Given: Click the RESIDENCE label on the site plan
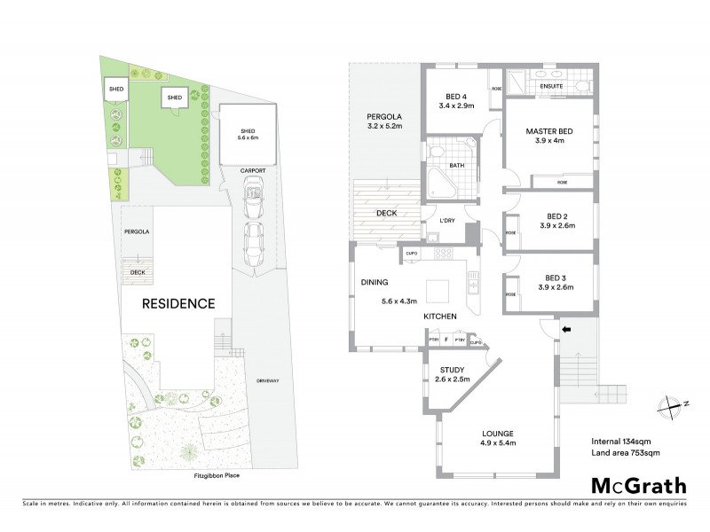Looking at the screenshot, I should coord(180,303).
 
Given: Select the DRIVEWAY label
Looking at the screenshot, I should coord(267,380).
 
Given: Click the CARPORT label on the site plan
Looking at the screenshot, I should coord(251,169).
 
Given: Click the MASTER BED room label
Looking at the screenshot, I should coord(548,131).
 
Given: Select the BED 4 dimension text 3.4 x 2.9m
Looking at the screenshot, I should coord(457,106).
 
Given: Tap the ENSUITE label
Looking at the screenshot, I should coord(551,86).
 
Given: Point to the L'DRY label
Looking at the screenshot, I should coord(447,220).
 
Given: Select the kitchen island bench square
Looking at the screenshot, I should coord(438,292).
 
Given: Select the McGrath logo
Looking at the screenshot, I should coord(638,485).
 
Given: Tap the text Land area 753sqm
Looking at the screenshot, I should coord(626,453).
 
